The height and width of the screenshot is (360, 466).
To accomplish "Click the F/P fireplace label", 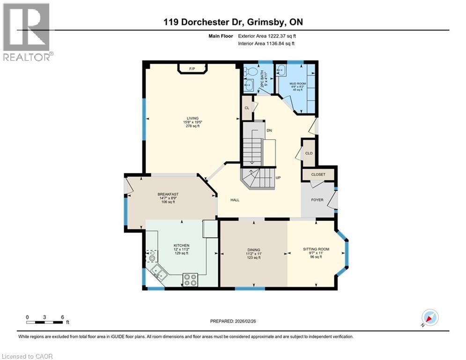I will coord(192,69).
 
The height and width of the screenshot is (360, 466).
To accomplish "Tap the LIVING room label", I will coord(192,118).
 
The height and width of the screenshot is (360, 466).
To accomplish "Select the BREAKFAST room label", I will coord(168,194).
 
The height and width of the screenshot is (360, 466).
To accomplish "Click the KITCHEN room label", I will coord(181,245).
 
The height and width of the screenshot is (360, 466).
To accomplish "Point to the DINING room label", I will coord(254,250).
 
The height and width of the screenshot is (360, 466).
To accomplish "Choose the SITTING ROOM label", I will coord(317,249).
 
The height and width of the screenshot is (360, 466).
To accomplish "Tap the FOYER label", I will coord(318,200).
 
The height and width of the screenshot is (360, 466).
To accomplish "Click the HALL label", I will coord(235,200).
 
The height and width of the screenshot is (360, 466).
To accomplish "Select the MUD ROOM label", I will coord(297,83).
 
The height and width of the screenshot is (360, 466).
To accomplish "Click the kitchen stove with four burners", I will coord(190,279).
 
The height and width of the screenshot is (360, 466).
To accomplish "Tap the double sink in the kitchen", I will coord(158,272).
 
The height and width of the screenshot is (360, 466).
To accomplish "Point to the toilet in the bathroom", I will coord(250,71).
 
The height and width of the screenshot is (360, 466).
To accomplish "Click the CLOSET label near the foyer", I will coord(318,174).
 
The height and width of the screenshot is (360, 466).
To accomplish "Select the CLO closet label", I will coord(309,153).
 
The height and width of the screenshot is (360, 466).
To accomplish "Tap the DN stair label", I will coord(269,130).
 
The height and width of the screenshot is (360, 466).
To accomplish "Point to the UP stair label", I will coord(278,178).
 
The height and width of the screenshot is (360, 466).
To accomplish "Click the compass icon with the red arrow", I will coord(429,317).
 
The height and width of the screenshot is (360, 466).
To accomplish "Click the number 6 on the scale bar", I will coord(62,317).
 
